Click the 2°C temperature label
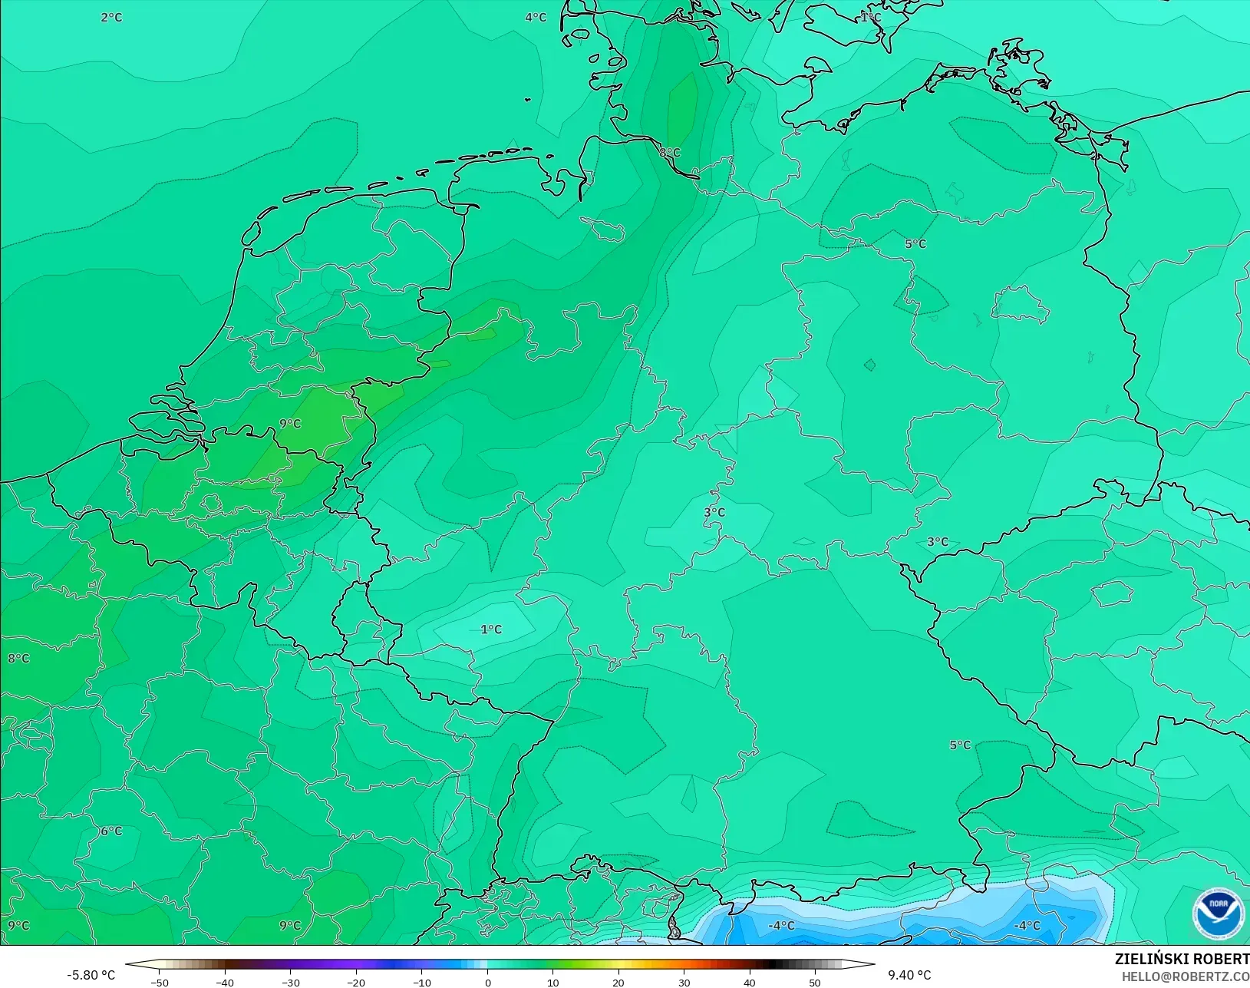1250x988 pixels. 111,17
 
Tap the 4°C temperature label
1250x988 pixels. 536,17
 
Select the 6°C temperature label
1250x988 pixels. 111,831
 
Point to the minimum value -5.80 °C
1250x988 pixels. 91,975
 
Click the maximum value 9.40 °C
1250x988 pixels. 909,975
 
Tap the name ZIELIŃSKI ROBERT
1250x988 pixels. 1182,959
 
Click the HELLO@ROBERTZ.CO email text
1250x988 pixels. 1186,976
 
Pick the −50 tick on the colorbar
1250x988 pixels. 159,982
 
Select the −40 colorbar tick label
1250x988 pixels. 225,982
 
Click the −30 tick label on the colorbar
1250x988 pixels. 290,982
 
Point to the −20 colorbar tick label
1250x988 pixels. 356,982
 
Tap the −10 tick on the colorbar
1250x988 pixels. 421,982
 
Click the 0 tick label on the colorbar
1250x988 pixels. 487,982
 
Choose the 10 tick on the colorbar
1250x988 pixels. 552,982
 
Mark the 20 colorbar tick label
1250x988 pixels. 618,982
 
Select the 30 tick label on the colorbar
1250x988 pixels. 684,982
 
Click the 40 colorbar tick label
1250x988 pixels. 750,982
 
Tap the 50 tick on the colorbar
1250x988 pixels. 815,982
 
